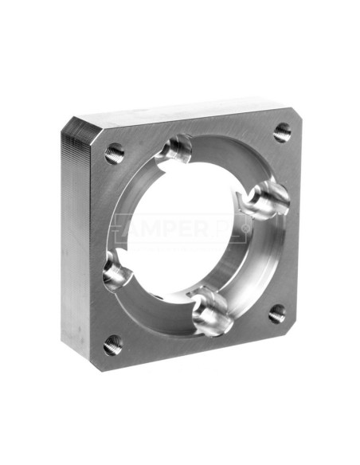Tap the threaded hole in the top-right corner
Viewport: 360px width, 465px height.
[x=283, y=131]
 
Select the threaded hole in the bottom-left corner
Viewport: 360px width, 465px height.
[x=112, y=345]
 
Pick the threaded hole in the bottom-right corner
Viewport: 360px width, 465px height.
[x=277, y=314]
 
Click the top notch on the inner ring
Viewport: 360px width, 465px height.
[x=177, y=150]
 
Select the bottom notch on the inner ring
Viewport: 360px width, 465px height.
[x=213, y=314]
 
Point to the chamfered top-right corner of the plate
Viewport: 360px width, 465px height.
[x=290, y=110]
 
